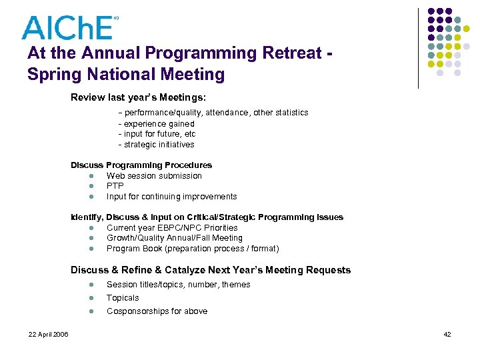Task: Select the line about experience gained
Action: (157, 124)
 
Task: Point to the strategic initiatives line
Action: (157, 145)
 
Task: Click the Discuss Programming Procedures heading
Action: (141, 165)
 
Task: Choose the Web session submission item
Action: (154, 176)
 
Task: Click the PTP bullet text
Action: (115, 186)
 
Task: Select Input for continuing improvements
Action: (171, 197)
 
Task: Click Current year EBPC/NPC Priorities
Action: (172, 228)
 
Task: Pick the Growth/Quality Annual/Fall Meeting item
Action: (175, 238)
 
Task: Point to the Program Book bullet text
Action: (193, 249)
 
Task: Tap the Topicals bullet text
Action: (123, 298)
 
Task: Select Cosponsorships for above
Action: (157, 311)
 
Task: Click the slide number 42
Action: (447, 334)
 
